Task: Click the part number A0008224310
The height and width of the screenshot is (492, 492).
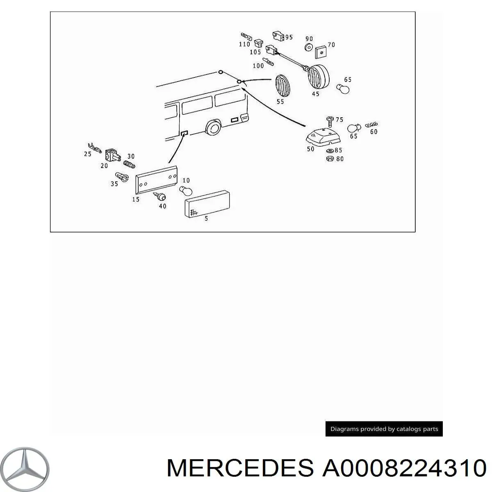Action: click(404, 468)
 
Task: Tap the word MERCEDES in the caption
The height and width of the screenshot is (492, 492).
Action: click(240, 468)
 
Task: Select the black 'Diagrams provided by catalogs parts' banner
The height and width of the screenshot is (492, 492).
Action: click(384, 429)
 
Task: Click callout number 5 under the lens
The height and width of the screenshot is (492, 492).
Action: click(206, 219)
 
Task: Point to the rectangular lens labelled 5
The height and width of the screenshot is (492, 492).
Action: click(207, 204)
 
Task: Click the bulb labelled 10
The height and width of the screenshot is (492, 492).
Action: click(186, 191)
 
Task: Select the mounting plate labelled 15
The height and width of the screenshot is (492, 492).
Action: click(156, 180)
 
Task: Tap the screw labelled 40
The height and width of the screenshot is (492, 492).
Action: click(160, 197)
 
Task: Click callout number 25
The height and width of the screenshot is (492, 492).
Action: click(88, 154)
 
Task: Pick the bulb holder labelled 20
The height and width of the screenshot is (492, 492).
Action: click(112, 155)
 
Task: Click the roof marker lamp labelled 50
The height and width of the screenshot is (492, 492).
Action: click(323, 139)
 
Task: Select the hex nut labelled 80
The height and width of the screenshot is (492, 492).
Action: click(330, 159)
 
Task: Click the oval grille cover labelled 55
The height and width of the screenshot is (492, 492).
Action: click(282, 86)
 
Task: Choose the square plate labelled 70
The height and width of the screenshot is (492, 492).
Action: click(321, 52)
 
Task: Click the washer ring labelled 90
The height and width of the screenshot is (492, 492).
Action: click(309, 48)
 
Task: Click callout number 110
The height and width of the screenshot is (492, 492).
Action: click(244, 44)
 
